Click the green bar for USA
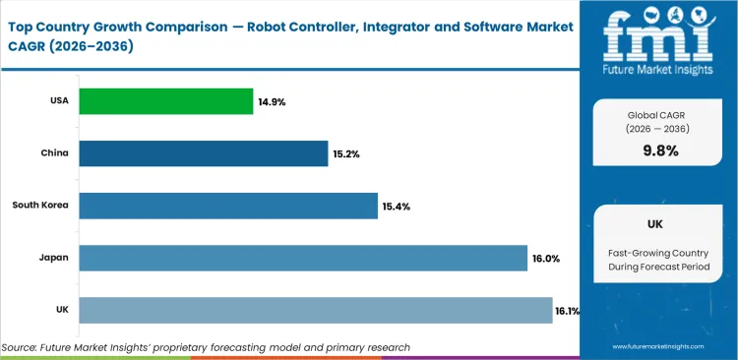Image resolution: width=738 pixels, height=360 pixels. [x=165, y=101]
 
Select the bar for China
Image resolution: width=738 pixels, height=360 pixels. [x=203, y=153]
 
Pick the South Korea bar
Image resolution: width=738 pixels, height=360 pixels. [x=228, y=206]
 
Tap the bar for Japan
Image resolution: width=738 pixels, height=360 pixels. [x=303, y=258]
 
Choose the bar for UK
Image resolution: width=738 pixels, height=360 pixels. [x=315, y=310]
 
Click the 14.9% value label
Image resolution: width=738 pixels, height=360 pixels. [x=271, y=101]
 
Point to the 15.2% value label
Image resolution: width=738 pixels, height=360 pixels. [x=345, y=153]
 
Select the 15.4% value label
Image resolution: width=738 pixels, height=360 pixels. [x=397, y=206]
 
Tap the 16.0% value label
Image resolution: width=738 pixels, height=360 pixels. [x=546, y=258]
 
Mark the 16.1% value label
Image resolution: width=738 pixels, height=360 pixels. [x=568, y=311]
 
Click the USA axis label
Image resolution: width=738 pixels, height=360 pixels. [x=59, y=101]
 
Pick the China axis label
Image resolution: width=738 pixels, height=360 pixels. [x=55, y=153]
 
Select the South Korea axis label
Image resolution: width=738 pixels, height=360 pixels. [x=39, y=206]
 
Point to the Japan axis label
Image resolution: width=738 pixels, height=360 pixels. [x=54, y=258]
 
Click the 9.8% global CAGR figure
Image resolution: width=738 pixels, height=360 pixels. [x=660, y=150]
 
